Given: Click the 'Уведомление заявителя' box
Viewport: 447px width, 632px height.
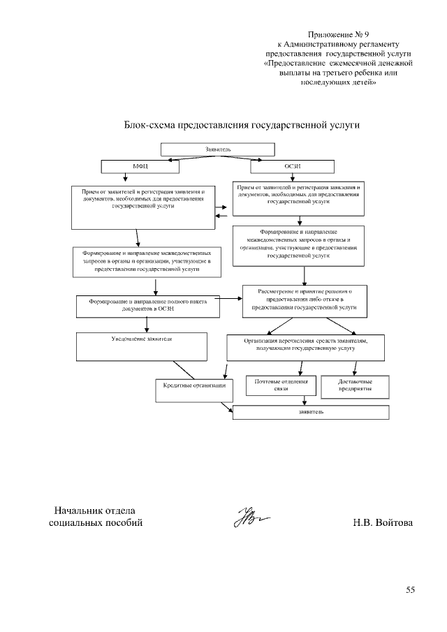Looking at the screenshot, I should [142, 345].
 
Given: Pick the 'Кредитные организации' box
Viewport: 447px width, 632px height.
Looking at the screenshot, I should [193, 389].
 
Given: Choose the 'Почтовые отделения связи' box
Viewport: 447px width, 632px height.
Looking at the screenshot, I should [281, 386].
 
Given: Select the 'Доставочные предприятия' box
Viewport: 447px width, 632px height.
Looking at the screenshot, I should [355, 386].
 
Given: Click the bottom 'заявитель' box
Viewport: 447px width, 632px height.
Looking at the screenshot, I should [310, 412].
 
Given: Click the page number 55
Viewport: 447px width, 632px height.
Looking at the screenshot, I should [411, 590].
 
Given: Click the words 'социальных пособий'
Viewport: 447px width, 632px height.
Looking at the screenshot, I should [96, 523].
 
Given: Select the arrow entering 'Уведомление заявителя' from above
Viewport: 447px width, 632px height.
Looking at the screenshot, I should [146, 325].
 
